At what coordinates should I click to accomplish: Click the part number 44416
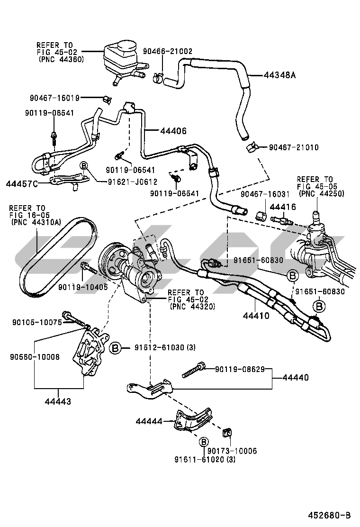click(282, 207)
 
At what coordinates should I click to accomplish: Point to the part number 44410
click(257, 315)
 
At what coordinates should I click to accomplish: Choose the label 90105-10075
click(36, 322)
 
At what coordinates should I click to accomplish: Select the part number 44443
click(58, 401)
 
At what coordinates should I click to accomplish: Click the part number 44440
click(296, 378)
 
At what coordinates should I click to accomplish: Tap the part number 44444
click(149, 421)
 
